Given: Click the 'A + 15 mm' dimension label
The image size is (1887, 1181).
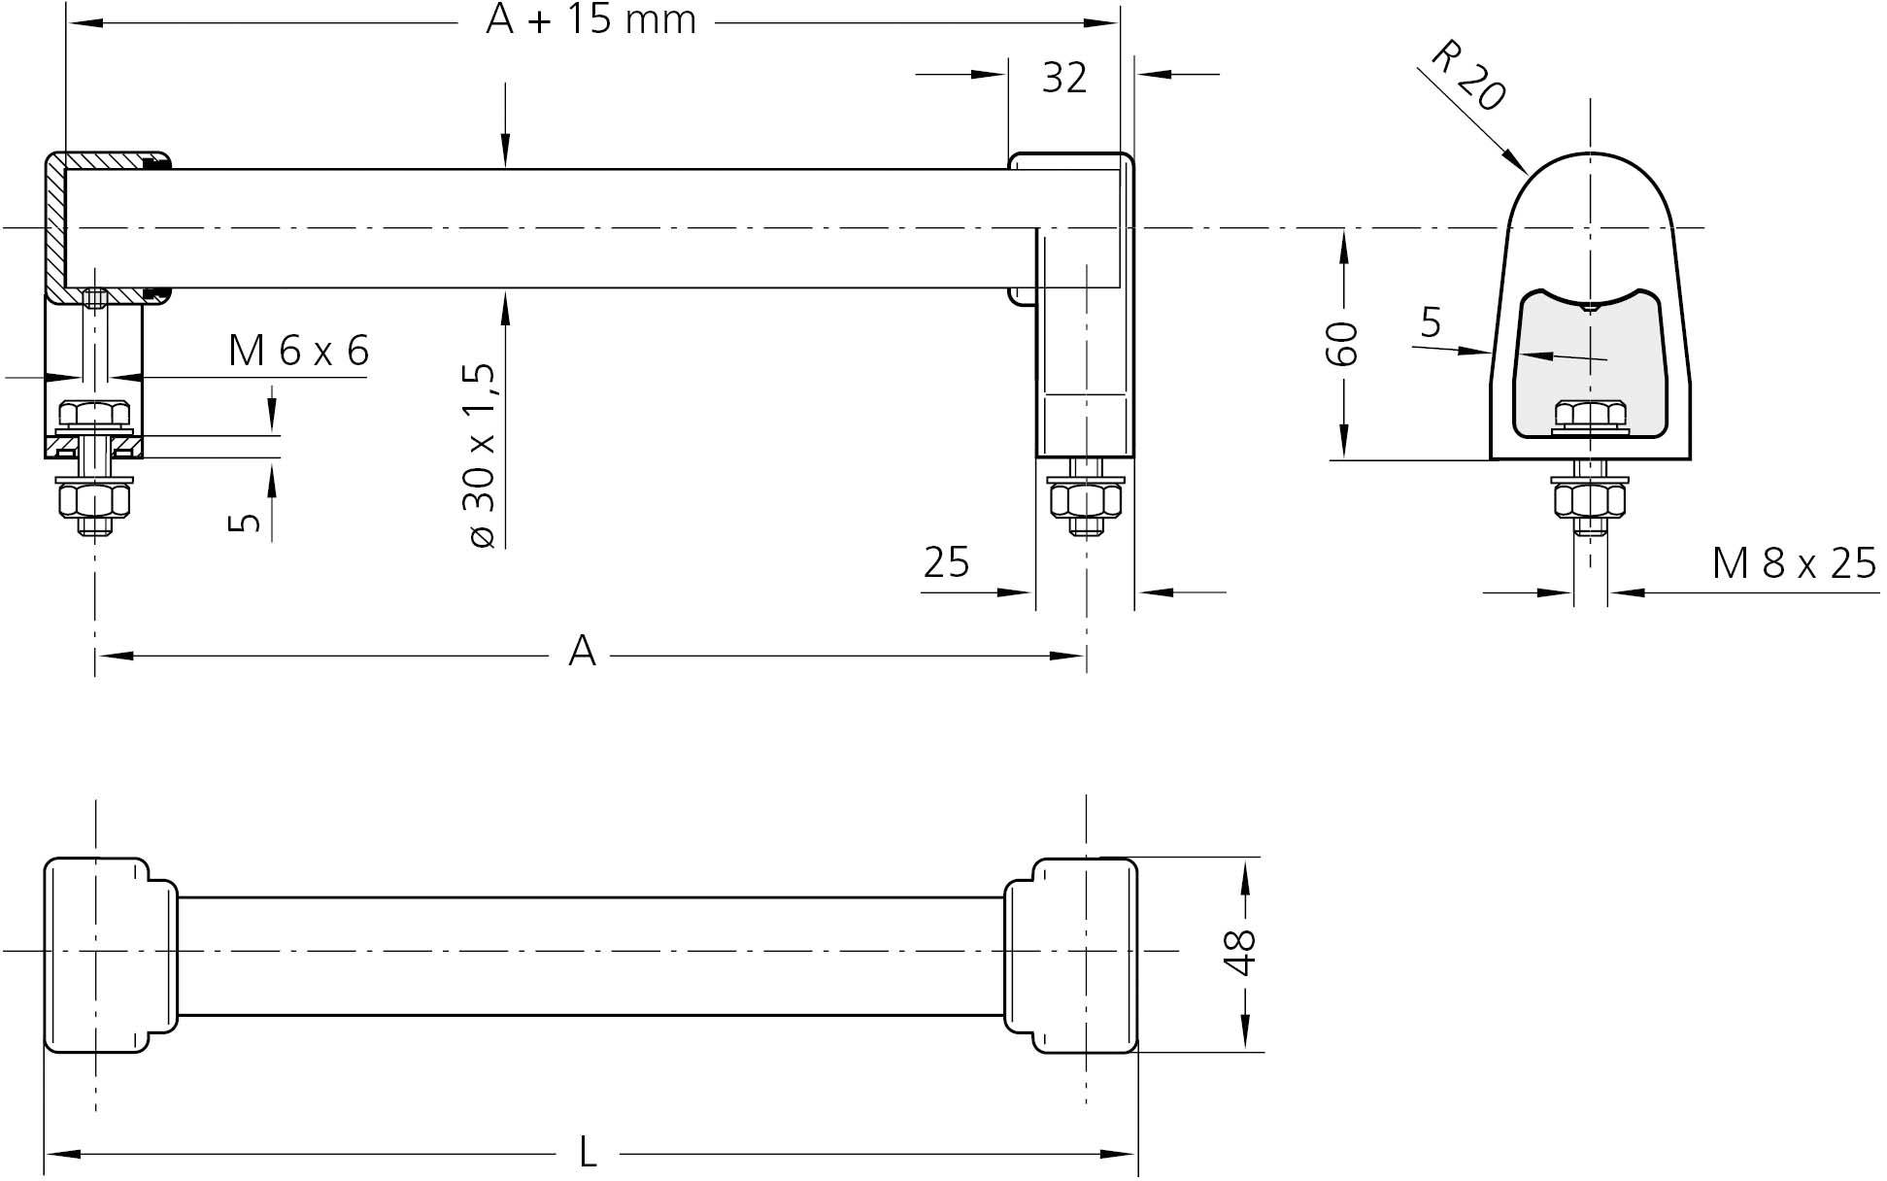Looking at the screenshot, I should (x=590, y=20).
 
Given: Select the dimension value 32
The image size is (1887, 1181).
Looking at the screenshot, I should (x=1063, y=78).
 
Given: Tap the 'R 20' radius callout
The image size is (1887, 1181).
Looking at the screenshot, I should (x=1467, y=76).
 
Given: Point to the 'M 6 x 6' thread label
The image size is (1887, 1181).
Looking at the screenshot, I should (x=298, y=351).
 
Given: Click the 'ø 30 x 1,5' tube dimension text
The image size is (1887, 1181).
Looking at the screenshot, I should (x=483, y=455).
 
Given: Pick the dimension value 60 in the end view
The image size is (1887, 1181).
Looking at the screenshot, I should (x=1342, y=343).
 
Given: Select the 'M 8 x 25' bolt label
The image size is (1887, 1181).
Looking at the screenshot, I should (x=1793, y=563).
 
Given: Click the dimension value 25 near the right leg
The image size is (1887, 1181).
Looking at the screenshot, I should (x=946, y=562).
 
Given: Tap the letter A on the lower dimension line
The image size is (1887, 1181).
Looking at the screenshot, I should (x=581, y=652).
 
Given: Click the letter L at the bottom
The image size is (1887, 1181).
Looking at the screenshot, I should (x=588, y=1153).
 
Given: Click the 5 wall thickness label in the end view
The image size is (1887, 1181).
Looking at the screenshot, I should (x=1431, y=321).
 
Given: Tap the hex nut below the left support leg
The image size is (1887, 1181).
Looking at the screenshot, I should (x=94, y=500).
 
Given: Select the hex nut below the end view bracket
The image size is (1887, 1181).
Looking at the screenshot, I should (x=1589, y=500).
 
